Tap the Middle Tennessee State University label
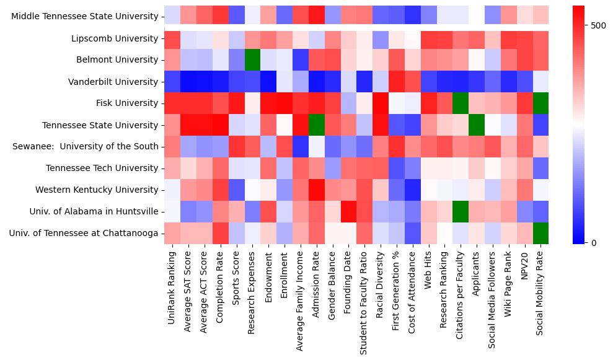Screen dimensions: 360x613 tap(85, 17)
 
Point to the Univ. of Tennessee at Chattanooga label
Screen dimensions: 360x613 tap(84, 233)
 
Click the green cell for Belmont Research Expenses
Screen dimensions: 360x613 tap(252, 60)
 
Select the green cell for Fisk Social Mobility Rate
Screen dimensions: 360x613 tap(540, 103)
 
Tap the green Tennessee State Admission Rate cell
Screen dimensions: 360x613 tap(316, 125)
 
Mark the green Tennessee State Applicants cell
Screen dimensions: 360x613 tap(476, 125)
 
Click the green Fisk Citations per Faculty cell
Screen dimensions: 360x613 tap(460, 103)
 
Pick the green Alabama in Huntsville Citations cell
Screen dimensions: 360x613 tap(460, 211)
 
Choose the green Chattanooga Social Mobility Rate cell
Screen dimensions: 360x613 tap(540, 233)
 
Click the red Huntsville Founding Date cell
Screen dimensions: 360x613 tap(348, 211)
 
